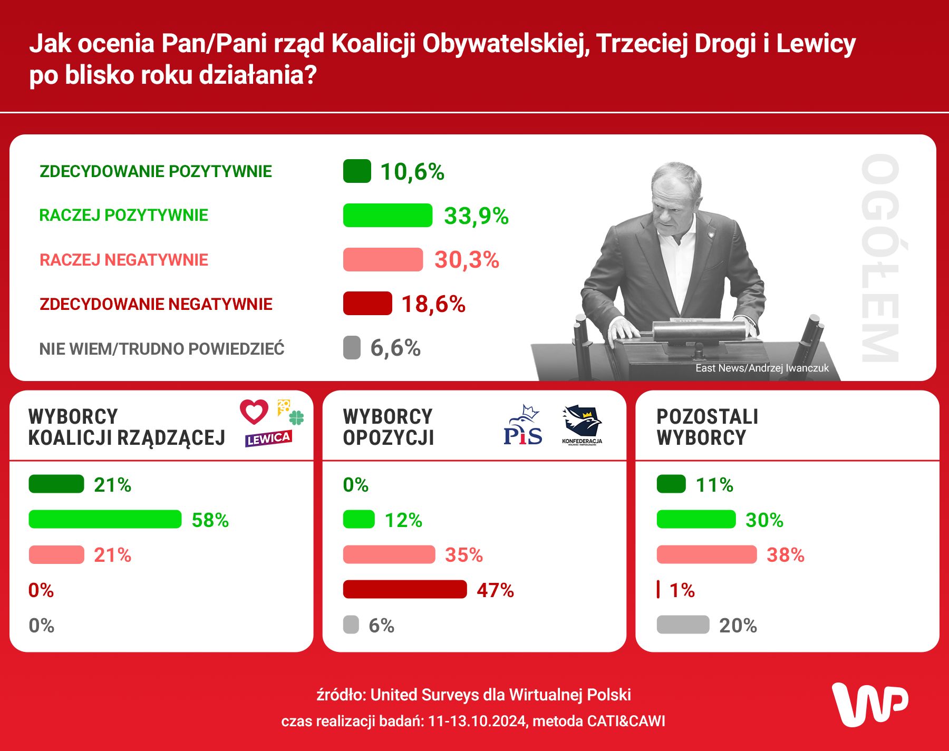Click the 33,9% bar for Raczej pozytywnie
(388, 215)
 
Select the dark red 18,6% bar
(367, 304)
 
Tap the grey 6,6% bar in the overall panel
(352, 348)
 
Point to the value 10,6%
(412, 172)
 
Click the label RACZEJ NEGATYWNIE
(124, 260)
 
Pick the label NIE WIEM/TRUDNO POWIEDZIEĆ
(162, 349)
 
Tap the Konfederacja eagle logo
(582, 424)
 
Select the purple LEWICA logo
(268, 438)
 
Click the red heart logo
(254, 412)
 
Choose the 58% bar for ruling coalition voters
(105, 519)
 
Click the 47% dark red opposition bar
(405, 589)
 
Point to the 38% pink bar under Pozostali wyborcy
(706, 554)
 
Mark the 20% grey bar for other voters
(683, 625)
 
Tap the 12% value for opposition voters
(403, 520)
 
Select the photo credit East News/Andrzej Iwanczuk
(762, 368)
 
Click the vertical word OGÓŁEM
(880, 258)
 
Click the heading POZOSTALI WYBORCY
(707, 427)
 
